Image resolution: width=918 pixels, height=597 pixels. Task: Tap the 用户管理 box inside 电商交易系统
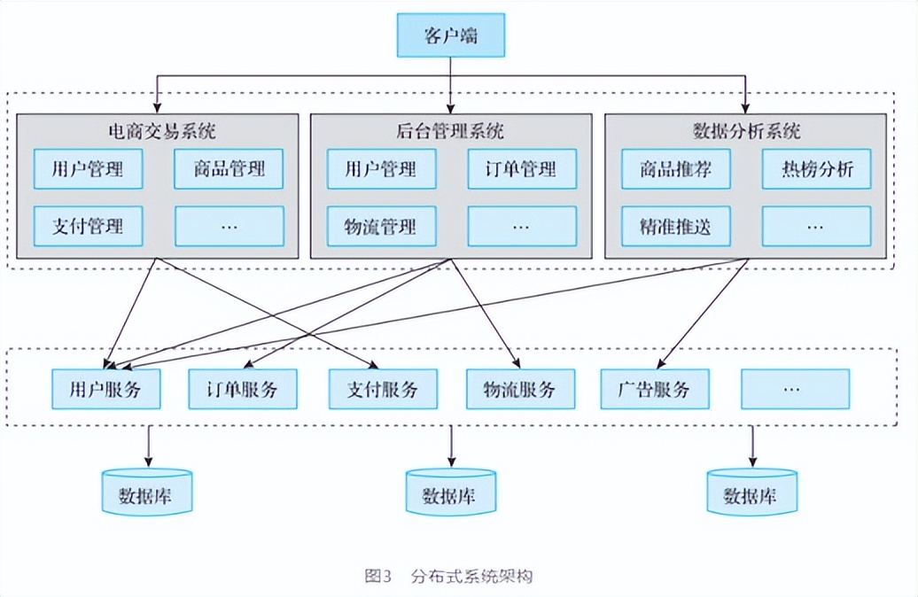(87, 168)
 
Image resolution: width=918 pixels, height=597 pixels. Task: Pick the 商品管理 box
(229, 168)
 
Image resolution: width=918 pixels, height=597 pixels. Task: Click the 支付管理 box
(87, 226)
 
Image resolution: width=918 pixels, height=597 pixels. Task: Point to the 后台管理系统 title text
(450, 132)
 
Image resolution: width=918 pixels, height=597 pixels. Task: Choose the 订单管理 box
(522, 168)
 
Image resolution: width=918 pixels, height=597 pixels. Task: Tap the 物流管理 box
(380, 226)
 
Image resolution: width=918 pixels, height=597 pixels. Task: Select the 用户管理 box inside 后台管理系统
(380, 168)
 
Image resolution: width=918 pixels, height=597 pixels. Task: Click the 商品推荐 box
(675, 168)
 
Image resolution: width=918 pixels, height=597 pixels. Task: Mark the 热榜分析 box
(817, 168)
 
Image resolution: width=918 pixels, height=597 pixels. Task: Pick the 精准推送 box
(675, 226)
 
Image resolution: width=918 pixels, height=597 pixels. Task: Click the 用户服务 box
(105, 389)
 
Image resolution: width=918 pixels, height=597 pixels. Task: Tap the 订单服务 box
(243, 389)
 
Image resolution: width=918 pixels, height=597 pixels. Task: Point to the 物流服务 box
(520, 389)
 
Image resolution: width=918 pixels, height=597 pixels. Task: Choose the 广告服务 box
(655, 389)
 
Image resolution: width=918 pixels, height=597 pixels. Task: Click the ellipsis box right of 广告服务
(795, 389)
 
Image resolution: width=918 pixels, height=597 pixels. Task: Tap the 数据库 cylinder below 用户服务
(146, 492)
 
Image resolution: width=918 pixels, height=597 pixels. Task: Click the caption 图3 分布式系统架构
(449, 576)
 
